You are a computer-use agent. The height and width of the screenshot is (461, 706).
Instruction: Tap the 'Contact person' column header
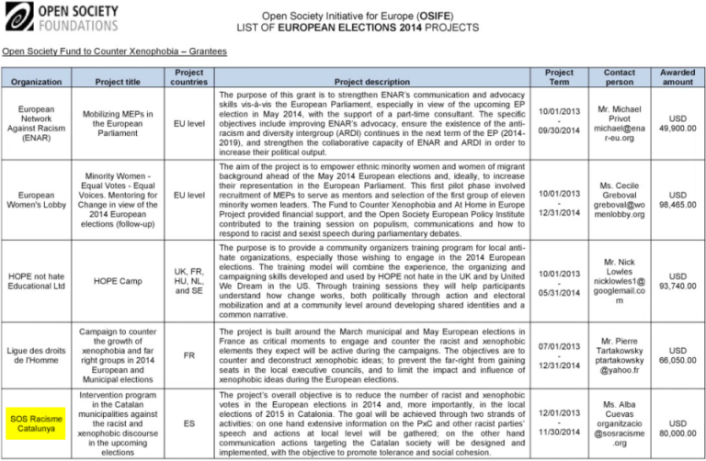click(619, 76)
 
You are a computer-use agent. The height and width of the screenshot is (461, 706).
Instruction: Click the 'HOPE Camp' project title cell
click(119, 280)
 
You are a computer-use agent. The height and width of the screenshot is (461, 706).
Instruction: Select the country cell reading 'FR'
click(188, 354)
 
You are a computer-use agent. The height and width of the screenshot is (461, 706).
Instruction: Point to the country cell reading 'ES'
click(188, 424)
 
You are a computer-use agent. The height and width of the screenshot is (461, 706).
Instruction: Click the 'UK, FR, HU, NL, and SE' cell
click(188, 280)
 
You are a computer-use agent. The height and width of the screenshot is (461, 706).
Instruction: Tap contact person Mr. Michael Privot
click(619, 124)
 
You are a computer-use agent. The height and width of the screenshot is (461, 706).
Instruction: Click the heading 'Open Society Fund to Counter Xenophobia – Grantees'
click(114, 52)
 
